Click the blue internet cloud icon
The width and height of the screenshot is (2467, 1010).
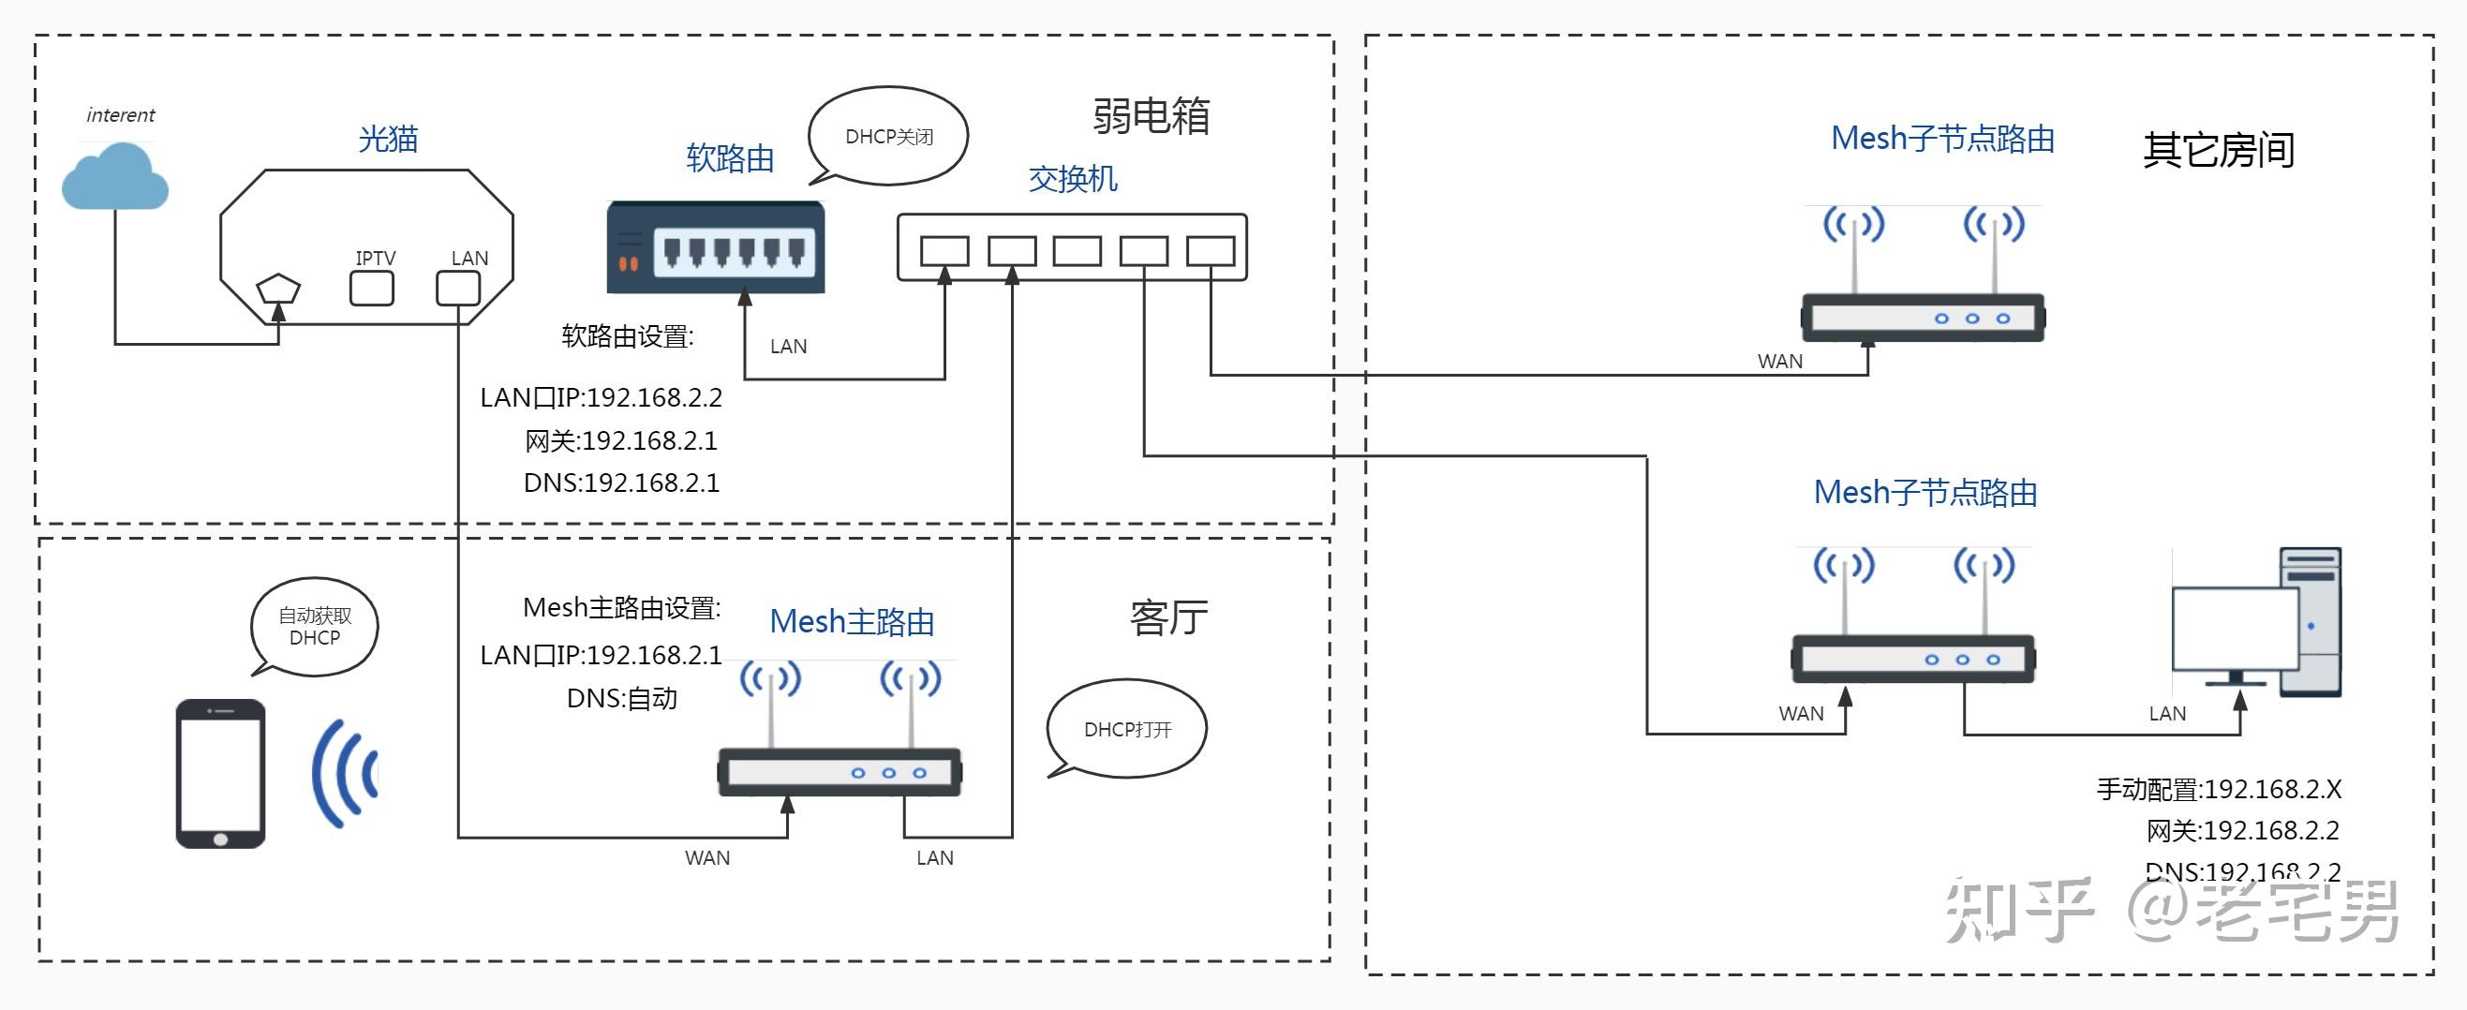(115, 178)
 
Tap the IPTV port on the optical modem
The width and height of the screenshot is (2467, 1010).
(372, 289)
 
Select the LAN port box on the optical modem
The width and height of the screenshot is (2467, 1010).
(458, 289)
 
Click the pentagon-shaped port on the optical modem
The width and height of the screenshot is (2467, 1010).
(278, 289)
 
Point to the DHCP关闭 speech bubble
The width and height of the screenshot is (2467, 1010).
(889, 136)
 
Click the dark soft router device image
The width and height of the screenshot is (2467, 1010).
(716, 248)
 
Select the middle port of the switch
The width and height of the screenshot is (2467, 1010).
(1077, 252)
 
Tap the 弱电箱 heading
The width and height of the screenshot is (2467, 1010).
(1152, 117)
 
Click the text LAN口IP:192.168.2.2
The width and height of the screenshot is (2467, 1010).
(602, 397)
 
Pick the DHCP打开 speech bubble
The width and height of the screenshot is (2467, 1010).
(1127, 730)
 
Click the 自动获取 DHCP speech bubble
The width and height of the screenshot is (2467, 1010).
(314, 626)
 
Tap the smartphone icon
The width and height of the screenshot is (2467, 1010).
(220, 774)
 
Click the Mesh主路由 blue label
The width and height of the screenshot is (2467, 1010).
(852, 622)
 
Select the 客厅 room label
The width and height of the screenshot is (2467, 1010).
(1168, 617)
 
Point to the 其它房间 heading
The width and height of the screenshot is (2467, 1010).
(2218, 150)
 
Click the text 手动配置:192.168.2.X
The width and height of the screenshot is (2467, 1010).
(2219, 790)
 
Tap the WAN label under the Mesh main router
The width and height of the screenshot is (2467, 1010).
(706, 858)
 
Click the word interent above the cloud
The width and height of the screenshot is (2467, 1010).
(121, 115)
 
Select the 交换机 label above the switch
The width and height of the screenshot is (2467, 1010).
(1073, 179)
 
